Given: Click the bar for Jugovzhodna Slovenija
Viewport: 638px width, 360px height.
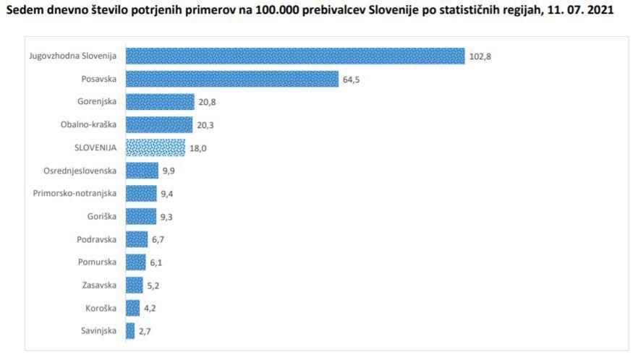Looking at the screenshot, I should pos(295,56).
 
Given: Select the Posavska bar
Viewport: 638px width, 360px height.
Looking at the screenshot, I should pos(232,79).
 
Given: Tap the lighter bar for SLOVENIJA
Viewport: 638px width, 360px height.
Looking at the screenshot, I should pos(156,147).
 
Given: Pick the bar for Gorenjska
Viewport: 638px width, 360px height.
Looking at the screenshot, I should pos(160,102).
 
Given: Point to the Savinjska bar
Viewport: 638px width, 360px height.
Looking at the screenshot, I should pos(130,331).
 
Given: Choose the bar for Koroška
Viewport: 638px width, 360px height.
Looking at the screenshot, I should pos(133,308).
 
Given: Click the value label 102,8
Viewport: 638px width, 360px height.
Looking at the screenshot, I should pos(480,56).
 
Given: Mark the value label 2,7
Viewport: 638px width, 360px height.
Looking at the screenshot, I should pos(145,331).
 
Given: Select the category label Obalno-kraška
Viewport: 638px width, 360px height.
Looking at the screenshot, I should pos(90,125).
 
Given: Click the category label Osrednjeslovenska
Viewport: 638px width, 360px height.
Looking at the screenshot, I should pos(80,171).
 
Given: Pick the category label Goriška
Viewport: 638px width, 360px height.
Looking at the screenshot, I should pos(102,216).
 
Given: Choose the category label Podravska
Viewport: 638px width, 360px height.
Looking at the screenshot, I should pos(98,239).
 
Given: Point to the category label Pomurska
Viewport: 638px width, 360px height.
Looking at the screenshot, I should pos(98,262).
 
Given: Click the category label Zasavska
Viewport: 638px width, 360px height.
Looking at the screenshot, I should pos(100,285).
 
